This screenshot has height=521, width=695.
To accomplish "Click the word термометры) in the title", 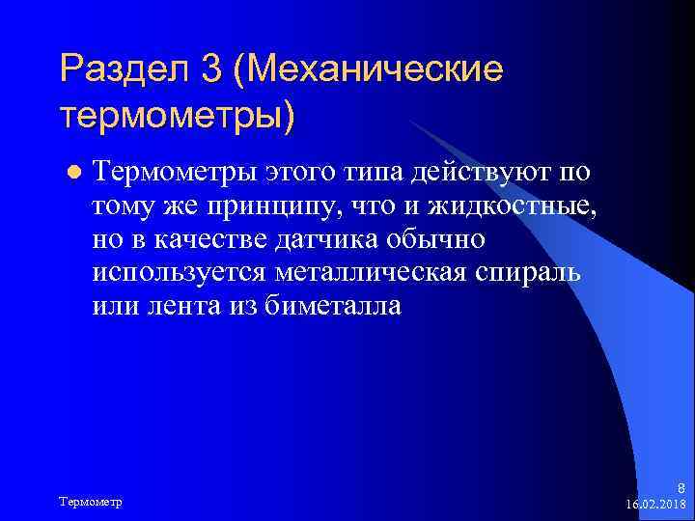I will click(x=178, y=118).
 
